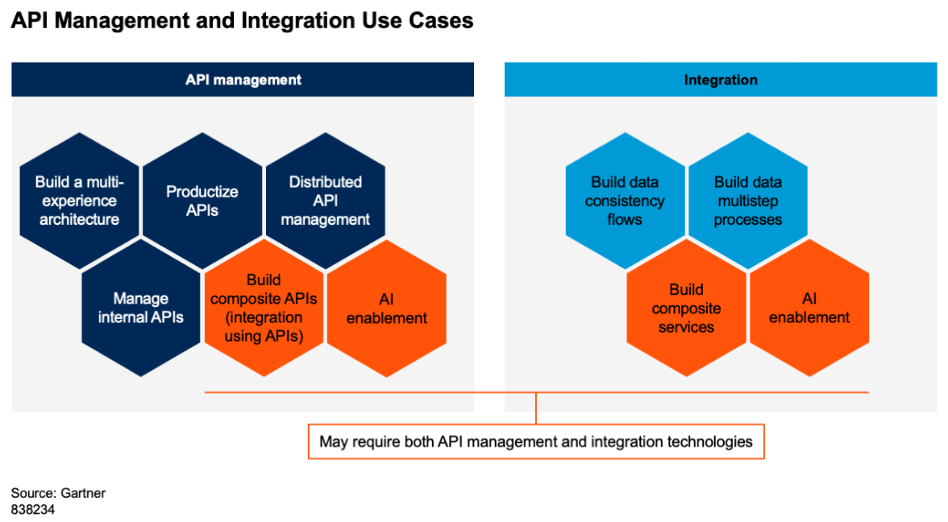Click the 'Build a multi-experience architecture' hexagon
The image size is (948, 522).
coord(79,201)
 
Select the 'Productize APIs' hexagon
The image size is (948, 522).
coord(202,201)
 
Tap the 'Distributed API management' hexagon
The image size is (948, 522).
coord(326,201)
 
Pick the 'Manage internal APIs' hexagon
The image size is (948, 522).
coord(141,308)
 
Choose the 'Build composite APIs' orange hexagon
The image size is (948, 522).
coord(264,308)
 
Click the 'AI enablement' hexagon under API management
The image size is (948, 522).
coord(387,308)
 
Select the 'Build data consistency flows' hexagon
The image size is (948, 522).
coord(626,201)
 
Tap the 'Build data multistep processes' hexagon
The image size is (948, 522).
coord(748,201)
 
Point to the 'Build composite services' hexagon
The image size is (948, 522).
coord(686,308)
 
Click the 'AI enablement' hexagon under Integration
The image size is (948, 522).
coord(809,308)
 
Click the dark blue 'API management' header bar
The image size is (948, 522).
coord(243,80)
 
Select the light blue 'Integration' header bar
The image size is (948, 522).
coord(721,80)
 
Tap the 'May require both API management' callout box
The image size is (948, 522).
coord(536,441)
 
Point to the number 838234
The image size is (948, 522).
coord(32,510)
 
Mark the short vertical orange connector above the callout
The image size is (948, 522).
coord(536,408)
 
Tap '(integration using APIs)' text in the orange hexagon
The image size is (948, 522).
coord(264,327)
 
